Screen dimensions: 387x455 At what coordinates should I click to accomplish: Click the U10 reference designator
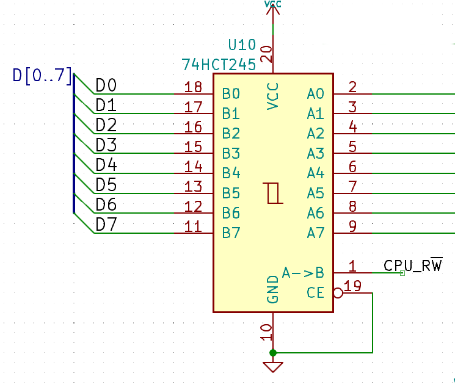[x=242, y=45]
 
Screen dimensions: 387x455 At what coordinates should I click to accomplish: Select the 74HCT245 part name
[x=219, y=64]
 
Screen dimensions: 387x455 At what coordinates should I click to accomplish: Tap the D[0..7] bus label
[x=42, y=77]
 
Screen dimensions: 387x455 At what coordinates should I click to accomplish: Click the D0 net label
[x=106, y=85]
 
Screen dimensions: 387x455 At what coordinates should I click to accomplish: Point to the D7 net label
[x=106, y=225]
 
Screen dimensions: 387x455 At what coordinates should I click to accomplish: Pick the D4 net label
[x=106, y=165]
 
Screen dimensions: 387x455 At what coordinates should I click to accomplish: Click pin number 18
[x=193, y=87]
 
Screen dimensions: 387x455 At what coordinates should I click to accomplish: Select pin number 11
[x=193, y=226]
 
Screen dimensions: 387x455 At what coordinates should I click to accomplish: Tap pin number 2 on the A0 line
[x=352, y=87]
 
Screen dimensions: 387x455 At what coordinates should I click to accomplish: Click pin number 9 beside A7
[x=352, y=226]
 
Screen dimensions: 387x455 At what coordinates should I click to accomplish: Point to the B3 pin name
[x=231, y=153]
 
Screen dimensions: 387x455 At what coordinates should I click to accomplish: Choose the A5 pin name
[x=316, y=193]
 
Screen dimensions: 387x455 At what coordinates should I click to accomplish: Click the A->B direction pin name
[x=303, y=272]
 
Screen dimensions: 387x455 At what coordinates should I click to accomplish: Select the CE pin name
[x=316, y=294]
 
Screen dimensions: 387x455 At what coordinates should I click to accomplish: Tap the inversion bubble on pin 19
[x=338, y=293]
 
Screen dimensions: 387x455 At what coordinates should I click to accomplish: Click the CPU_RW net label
[x=413, y=266]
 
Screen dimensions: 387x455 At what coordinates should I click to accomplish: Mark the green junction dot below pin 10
[x=273, y=353]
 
